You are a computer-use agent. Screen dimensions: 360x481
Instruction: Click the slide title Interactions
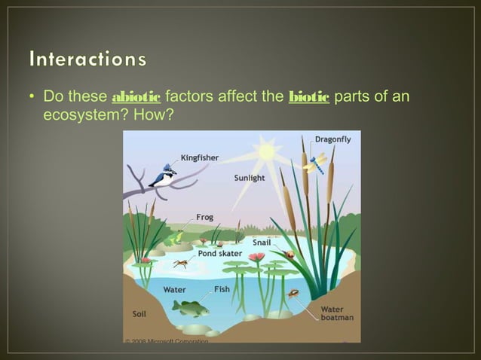[x=87, y=59]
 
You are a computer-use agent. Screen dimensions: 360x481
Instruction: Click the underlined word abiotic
[x=136, y=97]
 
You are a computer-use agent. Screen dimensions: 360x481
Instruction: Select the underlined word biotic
[x=309, y=97]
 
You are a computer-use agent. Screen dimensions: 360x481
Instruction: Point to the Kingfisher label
[x=201, y=157]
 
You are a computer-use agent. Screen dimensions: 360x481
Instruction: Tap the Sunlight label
[x=249, y=178]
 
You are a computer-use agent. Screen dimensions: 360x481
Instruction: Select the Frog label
[x=204, y=217]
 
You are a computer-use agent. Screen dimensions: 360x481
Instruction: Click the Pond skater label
[x=219, y=254]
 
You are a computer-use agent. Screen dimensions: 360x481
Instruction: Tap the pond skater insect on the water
[x=180, y=264]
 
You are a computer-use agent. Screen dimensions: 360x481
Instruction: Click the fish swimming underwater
[x=190, y=307]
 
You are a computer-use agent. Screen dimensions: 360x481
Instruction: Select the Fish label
[x=222, y=289]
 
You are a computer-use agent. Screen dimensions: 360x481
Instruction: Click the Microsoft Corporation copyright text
[x=166, y=341]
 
